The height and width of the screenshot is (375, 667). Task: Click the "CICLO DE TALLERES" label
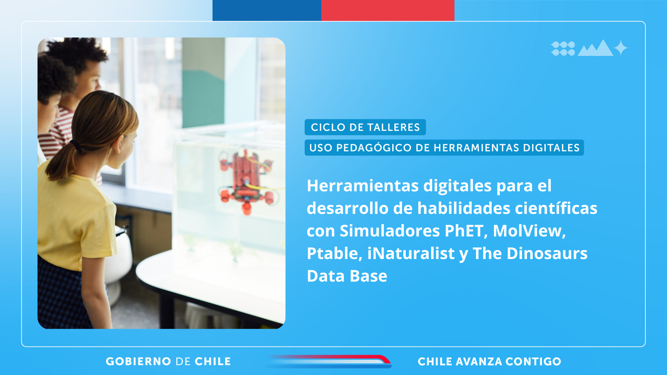coord(365,127)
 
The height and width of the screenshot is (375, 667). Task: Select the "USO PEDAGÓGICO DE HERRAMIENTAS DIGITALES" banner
coord(444,148)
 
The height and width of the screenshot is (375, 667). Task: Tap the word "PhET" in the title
coord(464,231)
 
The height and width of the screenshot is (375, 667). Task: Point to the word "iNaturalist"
coord(411,253)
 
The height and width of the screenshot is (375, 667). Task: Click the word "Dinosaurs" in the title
coord(547,253)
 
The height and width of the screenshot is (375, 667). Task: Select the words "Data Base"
coord(347,276)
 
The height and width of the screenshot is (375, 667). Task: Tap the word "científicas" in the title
coord(556,208)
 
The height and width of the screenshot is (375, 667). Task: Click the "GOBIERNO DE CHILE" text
coord(168,361)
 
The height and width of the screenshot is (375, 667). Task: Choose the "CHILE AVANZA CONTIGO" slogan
coord(489,361)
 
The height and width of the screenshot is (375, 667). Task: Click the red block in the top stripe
coord(388,10)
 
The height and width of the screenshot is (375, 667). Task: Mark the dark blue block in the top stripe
coord(267,10)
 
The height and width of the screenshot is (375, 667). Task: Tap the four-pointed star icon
coord(621,48)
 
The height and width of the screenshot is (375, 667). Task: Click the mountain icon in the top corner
coord(595,49)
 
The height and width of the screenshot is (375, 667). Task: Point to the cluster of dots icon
coord(563,49)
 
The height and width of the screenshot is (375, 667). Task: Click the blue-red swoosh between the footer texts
coord(328,361)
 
